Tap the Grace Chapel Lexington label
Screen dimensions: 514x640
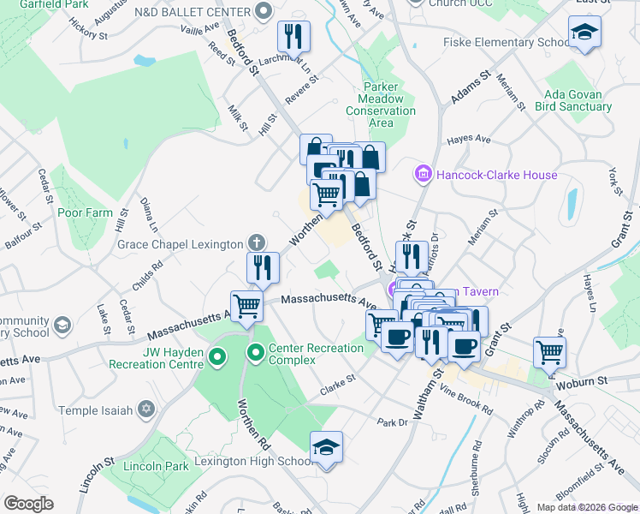pyautogui.click(x=180, y=244)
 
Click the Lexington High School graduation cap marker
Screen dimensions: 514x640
pyautogui.click(x=326, y=447)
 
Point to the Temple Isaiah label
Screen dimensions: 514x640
pyautogui.click(x=101, y=410)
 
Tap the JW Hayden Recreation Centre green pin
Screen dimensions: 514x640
pyautogui.click(x=217, y=356)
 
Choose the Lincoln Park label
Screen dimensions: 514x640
pyautogui.click(x=156, y=467)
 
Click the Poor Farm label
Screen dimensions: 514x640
pyautogui.click(x=85, y=212)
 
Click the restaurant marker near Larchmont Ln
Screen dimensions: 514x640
pyautogui.click(x=293, y=36)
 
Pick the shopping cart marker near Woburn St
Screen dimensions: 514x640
pyautogui.click(x=549, y=351)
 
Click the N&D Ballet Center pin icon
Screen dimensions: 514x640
pyautogui.click(x=264, y=12)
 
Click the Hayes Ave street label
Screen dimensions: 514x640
pyautogui.click(x=471, y=139)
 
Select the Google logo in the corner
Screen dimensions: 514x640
pyautogui.click(x=28, y=504)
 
